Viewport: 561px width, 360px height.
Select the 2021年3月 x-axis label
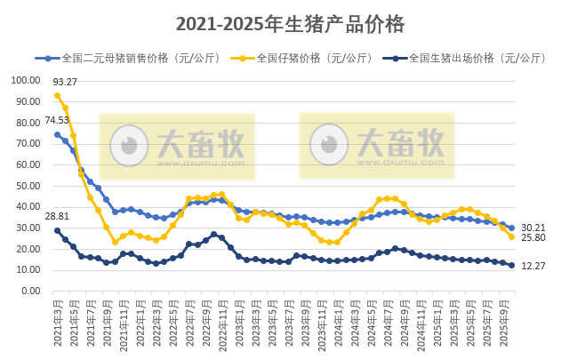click(x=58, y=324)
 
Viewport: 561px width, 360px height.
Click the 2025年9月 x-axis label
click(x=511, y=324)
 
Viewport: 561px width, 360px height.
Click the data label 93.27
click(x=76, y=83)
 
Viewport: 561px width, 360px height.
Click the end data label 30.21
click(x=533, y=228)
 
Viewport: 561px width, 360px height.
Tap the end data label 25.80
click(x=533, y=238)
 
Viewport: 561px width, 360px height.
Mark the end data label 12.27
click(x=533, y=266)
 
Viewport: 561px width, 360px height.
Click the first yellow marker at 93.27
click(x=58, y=95)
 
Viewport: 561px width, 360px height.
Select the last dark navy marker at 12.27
click(x=511, y=265)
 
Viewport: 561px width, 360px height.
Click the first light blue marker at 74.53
click(x=58, y=134)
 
